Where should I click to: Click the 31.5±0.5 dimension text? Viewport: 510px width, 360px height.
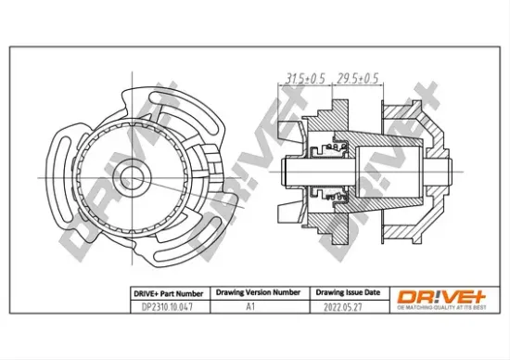click(305, 77)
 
